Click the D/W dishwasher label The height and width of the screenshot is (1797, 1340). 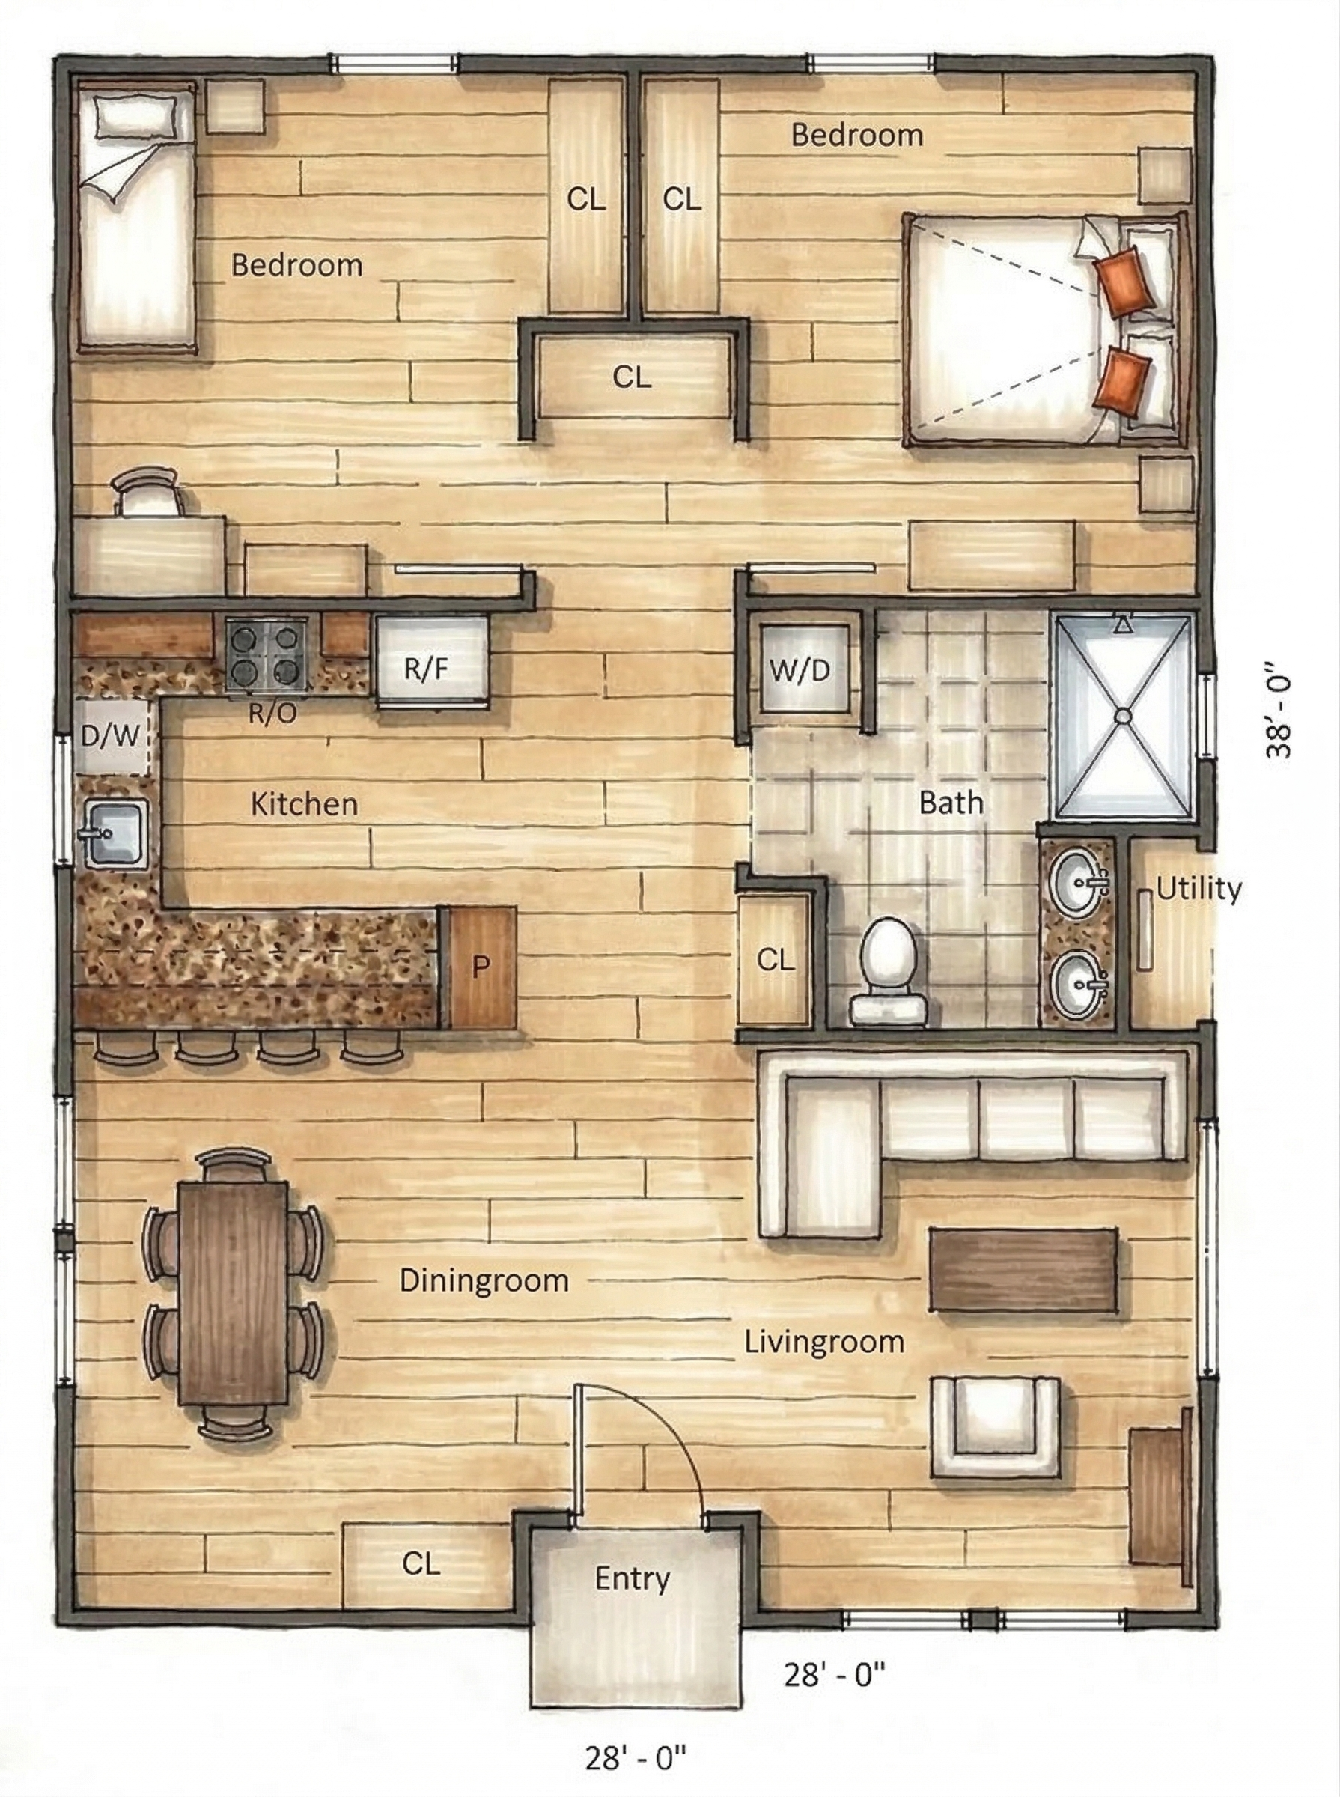pyautogui.click(x=111, y=736)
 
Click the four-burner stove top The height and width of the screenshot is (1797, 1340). pyautogui.click(x=266, y=655)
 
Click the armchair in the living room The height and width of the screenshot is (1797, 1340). pyautogui.click(x=995, y=1427)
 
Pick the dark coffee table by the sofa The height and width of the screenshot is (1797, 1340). pyautogui.click(x=1023, y=1271)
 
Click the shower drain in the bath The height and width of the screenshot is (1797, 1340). pyautogui.click(x=1123, y=717)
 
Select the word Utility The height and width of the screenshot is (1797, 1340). pyautogui.click(x=1198, y=890)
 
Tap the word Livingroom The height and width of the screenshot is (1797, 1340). pyautogui.click(x=824, y=1342)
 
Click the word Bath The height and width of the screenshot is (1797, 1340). pyautogui.click(x=951, y=803)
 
